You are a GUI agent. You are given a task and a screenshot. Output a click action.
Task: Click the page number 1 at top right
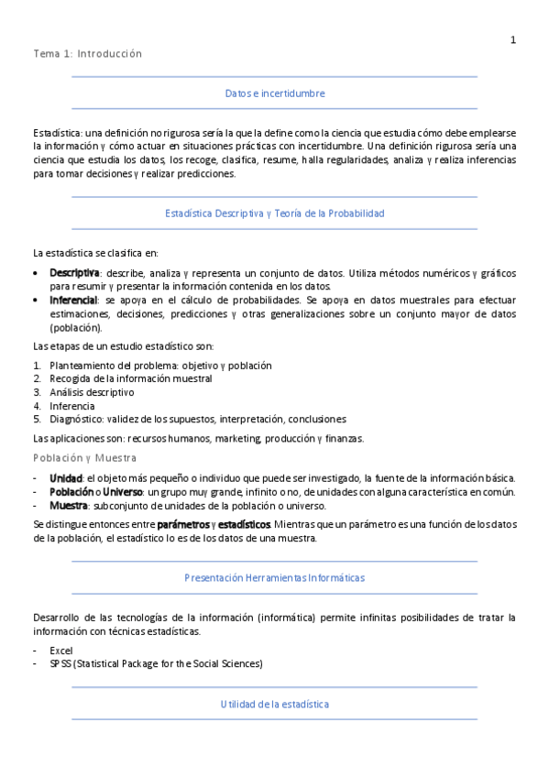point(513,39)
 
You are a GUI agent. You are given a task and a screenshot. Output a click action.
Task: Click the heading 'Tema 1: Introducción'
point(88,54)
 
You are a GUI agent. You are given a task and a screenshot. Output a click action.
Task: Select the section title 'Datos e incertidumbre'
point(275,93)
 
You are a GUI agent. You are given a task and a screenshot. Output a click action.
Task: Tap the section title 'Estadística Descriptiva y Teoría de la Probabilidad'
point(275,213)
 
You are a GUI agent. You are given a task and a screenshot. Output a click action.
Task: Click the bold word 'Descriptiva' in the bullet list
point(74,273)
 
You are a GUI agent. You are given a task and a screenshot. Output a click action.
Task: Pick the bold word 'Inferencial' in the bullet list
point(73,300)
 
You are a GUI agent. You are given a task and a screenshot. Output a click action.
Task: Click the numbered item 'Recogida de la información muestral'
point(131,378)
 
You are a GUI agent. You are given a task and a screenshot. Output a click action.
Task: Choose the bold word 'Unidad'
point(65,478)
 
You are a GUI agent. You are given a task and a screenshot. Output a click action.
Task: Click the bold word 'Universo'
point(123,492)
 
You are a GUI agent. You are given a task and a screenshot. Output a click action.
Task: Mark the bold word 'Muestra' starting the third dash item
point(69,506)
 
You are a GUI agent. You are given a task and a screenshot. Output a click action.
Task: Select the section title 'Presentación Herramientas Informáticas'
point(275,578)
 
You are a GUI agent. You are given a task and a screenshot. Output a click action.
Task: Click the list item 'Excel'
point(61,650)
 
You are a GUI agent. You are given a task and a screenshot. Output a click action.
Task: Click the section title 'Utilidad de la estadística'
point(275,704)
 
